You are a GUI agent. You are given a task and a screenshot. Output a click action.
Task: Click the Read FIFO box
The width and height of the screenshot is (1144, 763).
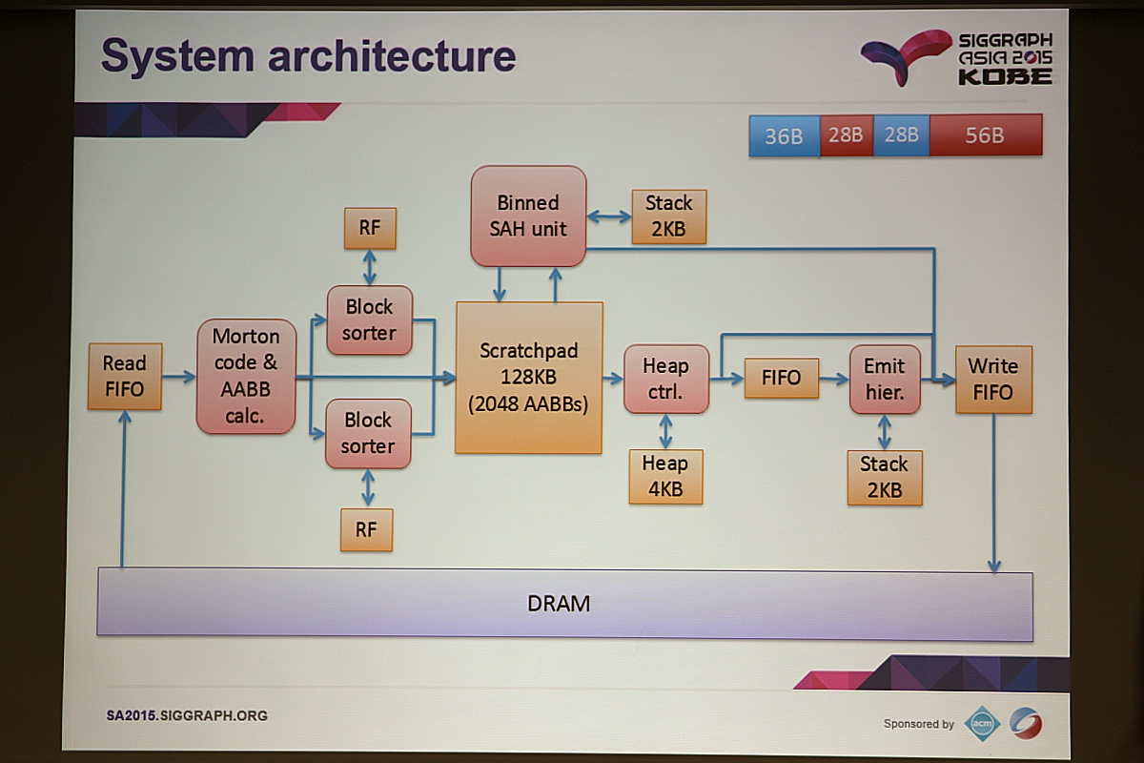(x=124, y=377)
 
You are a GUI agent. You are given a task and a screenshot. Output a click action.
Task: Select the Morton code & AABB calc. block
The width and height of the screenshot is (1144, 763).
(x=246, y=376)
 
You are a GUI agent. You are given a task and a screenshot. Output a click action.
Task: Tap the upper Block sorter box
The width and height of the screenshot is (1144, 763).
(x=369, y=320)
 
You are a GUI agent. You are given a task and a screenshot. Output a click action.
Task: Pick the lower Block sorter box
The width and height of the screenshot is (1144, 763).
(x=368, y=433)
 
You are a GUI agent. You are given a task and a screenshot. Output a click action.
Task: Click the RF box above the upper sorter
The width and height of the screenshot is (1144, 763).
(x=369, y=228)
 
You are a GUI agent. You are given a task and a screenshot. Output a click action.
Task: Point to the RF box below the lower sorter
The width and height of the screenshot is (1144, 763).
(x=366, y=529)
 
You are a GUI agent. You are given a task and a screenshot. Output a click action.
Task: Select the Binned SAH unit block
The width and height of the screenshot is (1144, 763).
(x=528, y=216)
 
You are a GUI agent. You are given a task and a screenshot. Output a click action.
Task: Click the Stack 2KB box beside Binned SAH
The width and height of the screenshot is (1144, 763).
(x=668, y=217)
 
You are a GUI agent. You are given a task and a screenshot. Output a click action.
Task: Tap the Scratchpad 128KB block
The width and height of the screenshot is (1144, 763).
(x=529, y=377)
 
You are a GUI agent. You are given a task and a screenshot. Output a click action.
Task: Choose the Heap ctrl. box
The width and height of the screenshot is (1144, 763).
(x=665, y=379)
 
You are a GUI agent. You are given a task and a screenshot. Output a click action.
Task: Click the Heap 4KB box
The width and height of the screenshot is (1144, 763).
(x=665, y=476)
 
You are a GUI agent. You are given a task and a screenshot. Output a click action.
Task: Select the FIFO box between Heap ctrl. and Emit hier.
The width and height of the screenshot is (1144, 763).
(x=781, y=378)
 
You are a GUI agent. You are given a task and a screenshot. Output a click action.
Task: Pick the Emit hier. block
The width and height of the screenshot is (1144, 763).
(x=885, y=379)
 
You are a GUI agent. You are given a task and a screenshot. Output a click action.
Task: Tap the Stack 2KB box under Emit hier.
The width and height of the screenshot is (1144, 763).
(x=884, y=477)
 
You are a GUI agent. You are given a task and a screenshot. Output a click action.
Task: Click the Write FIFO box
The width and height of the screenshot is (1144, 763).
(x=992, y=379)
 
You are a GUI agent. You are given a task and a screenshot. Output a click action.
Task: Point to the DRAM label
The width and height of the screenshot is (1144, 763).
(x=559, y=604)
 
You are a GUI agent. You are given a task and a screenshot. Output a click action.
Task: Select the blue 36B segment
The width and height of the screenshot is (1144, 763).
(x=784, y=135)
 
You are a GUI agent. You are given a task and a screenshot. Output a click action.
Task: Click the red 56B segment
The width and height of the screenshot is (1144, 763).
(x=985, y=135)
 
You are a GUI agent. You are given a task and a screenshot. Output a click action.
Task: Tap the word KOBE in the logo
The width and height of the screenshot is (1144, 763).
(x=1005, y=76)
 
